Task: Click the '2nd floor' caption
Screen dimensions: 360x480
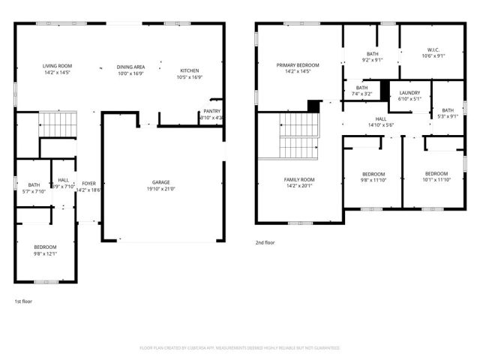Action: click(265, 243)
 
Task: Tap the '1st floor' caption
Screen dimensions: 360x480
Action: click(23, 301)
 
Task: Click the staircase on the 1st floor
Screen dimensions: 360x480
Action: click(58, 124)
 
